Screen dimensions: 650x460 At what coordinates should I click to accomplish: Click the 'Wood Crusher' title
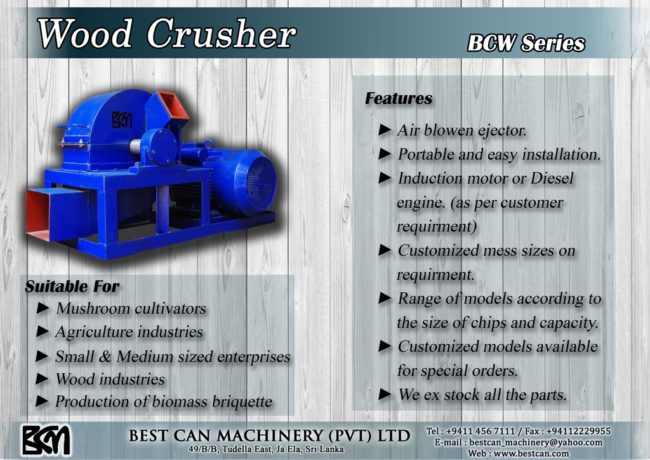click(x=167, y=34)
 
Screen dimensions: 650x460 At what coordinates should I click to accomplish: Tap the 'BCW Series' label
click(x=526, y=43)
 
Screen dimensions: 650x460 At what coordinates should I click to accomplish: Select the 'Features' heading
click(x=399, y=98)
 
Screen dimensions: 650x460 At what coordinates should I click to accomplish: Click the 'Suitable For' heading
click(x=72, y=286)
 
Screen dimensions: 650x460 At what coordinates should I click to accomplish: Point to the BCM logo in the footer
click(x=46, y=440)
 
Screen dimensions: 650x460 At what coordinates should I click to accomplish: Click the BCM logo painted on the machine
click(x=122, y=119)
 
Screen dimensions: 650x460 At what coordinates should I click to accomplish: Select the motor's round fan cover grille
click(x=261, y=183)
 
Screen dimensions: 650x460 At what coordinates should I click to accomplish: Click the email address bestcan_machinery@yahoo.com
click(x=536, y=442)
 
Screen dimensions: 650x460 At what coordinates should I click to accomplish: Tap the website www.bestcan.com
click(x=532, y=454)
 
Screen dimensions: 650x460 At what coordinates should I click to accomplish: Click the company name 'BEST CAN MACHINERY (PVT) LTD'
click(x=269, y=435)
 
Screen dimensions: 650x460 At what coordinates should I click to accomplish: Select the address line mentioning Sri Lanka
click(x=266, y=449)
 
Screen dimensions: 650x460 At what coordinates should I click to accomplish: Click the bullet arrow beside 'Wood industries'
click(x=43, y=379)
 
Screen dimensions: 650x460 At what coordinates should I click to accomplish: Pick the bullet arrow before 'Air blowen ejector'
click(x=385, y=130)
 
